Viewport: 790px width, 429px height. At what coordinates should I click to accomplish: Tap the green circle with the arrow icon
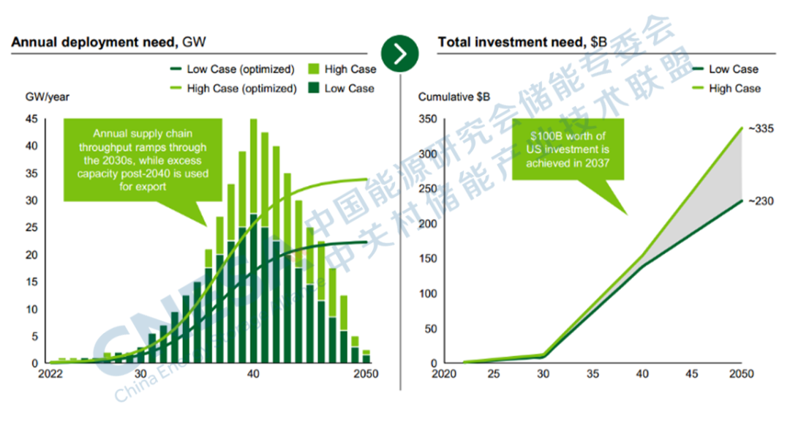point(400,53)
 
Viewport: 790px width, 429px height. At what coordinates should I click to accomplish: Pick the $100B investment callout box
point(568,149)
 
